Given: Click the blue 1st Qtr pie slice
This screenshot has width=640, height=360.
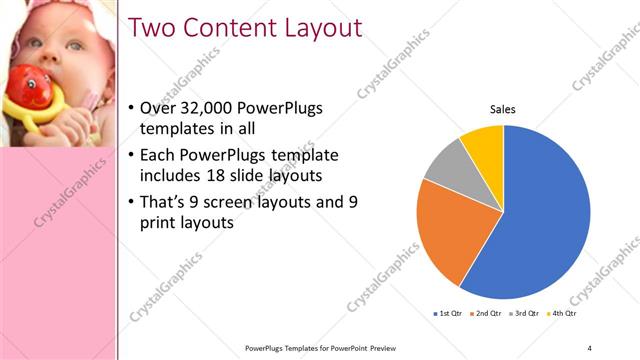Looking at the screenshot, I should click(545, 210).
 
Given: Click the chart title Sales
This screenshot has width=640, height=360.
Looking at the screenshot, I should click(502, 110).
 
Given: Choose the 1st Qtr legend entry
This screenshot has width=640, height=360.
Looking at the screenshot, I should click(447, 314).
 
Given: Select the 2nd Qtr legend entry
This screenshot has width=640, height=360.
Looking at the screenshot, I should click(487, 314).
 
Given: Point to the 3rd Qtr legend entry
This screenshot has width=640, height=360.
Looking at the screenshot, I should click(527, 314).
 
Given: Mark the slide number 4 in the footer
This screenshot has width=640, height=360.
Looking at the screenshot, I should click(589, 347).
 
